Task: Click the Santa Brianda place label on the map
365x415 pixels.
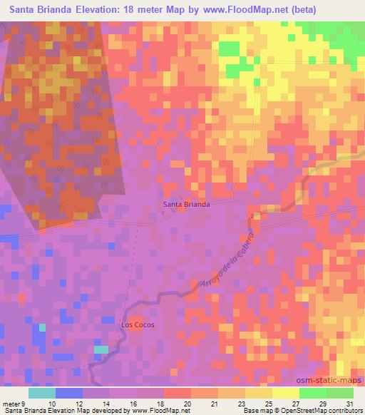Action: pyautogui.click(x=186, y=204)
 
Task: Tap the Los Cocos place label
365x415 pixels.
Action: pyautogui.click(x=137, y=324)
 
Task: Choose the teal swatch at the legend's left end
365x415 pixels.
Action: pyautogui.click(x=41, y=393)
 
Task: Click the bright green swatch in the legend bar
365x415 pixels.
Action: pyautogui.click(x=312, y=393)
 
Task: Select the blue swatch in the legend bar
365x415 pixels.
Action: pyautogui.click(x=68, y=393)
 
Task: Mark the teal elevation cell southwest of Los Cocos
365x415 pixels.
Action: pyautogui.click(x=102, y=349)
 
